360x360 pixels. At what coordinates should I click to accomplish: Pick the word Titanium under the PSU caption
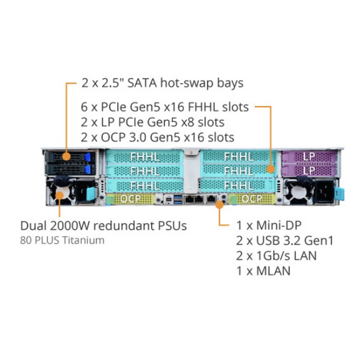(x=84, y=240)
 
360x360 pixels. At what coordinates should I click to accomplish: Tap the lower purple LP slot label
(x=309, y=169)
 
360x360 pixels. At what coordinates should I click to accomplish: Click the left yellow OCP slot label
(x=130, y=198)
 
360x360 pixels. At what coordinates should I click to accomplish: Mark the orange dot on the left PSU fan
(x=60, y=194)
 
